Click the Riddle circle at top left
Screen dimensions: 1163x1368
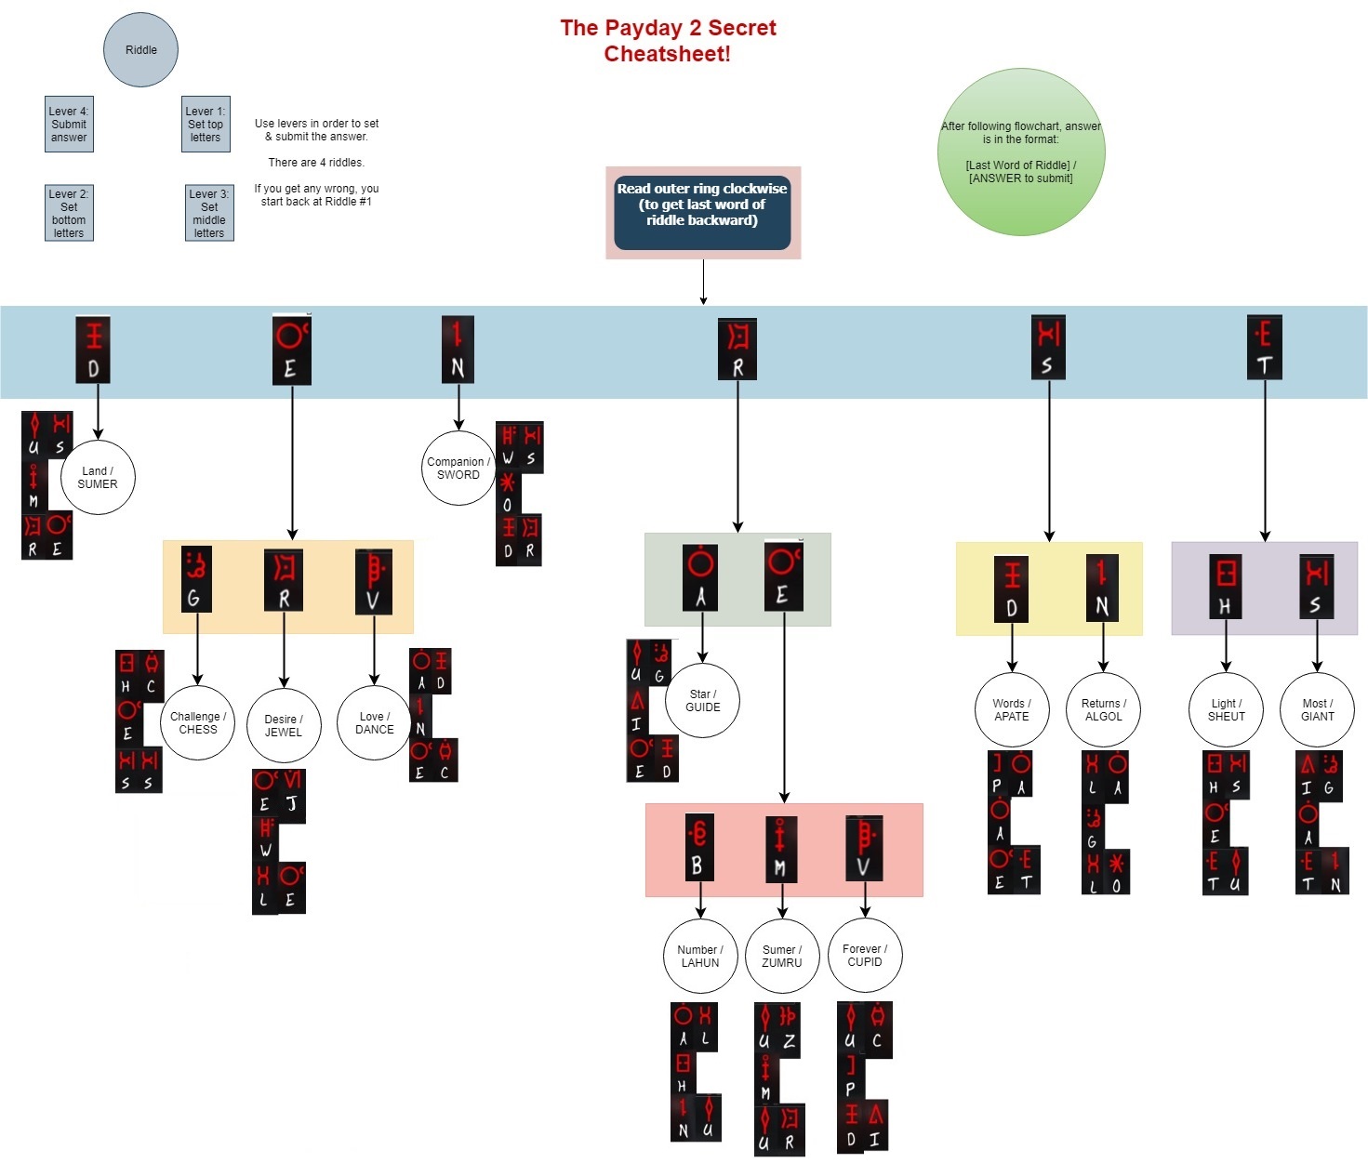tap(140, 50)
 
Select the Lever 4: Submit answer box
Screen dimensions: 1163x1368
tap(69, 125)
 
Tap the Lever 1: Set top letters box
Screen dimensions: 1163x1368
tap(206, 125)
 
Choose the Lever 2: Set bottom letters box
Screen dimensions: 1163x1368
tap(69, 213)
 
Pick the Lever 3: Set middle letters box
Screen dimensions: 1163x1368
tap(209, 213)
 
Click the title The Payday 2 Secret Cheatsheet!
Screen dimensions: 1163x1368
tap(668, 41)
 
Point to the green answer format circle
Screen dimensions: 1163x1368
tap(1020, 152)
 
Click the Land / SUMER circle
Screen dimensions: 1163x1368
tap(98, 478)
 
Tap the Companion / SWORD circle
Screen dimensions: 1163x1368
tap(458, 469)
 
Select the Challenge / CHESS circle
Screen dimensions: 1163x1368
tap(198, 723)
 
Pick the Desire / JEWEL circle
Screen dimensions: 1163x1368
tap(284, 726)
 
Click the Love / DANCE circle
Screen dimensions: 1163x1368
tap(374, 723)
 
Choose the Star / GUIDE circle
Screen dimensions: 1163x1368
tap(703, 701)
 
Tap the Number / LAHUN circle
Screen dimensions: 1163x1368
tap(700, 957)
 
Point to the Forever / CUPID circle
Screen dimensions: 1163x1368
tap(865, 956)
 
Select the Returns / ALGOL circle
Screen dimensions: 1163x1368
tap(1104, 710)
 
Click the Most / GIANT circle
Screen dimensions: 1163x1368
tap(1317, 710)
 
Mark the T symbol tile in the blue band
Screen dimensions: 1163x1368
tap(1264, 348)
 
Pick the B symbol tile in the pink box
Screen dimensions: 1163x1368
tap(699, 848)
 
